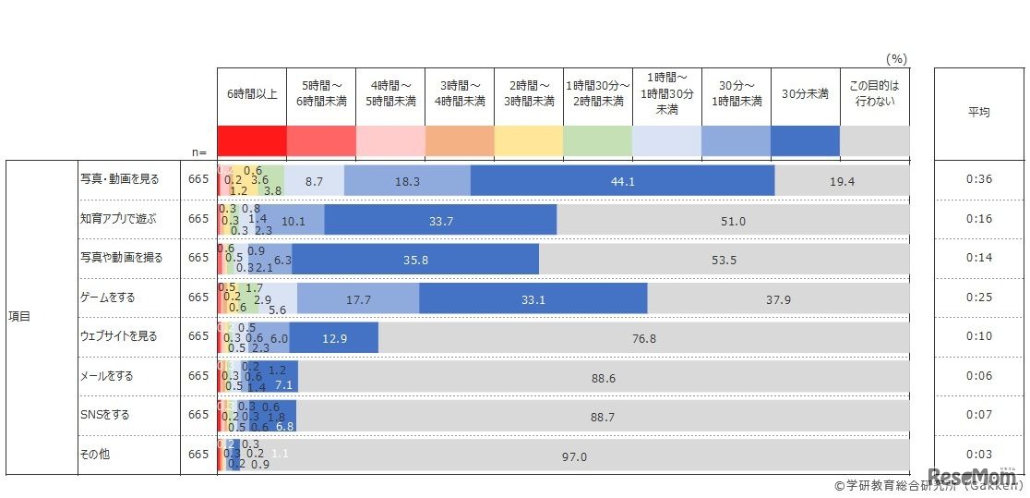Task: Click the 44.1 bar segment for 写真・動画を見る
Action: click(x=622, y=181)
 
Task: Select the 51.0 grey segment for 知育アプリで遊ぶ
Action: click(x=733, y=220)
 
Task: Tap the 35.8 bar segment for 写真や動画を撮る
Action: click(x=416, y=260)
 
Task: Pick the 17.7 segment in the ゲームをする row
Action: click(x=358, y=298)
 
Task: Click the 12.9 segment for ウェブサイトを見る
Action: click(x=334, y=338)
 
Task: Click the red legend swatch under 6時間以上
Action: click(x=252, y=141)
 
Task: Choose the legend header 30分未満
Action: click(x=805, y=94)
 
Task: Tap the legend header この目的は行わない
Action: click(x=873, y=94)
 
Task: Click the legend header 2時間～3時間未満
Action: click(x=529, y=94)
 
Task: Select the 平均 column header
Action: click(x=978, y=112)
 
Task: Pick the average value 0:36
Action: click(x=978, y=179)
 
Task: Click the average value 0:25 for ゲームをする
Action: click(x=978, y=298)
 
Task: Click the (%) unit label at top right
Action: click(x=895, y=58)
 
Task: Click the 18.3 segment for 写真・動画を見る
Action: click(x=407, y=181)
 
